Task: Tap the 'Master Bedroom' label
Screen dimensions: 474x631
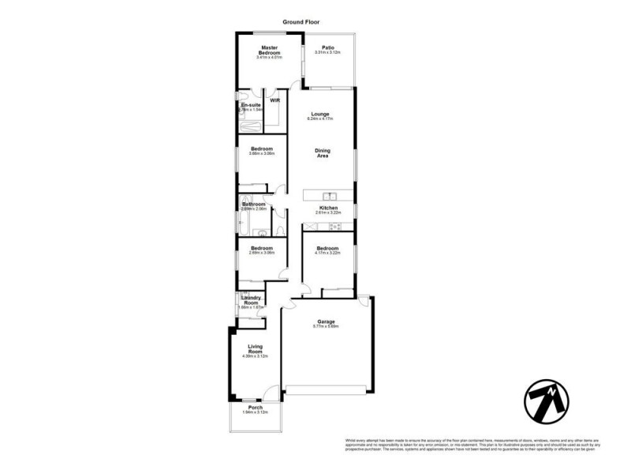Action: pyautogui.click(x=271, y=50)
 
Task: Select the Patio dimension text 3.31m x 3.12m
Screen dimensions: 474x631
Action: pyautogui.click(x=327, y=52)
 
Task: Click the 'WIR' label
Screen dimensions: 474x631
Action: pyautogui.click(x=274, y=100)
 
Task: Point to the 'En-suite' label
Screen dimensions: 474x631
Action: pyautogui.click(x=251, y=104)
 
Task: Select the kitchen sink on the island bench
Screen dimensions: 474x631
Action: pyautogui.click(x=331, y=196)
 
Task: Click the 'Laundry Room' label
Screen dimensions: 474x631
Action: pyautogui.click(x=250, y=300)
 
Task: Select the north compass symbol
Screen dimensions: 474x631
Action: pyautogui.click(x=547, y=403)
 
